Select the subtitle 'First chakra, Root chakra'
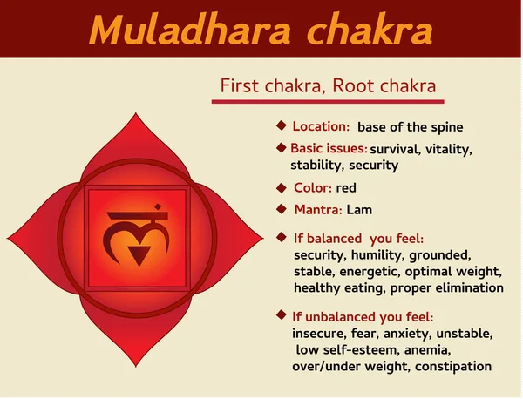coord(328,86)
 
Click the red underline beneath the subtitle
coord(328,103)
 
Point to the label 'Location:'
coord(321,126)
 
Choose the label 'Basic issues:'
coord(328,149)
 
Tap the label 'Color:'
coord(312,187)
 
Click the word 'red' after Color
coord(346,187)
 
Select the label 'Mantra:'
coord(317,209)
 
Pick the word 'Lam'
coord(359,209)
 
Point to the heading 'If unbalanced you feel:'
coord(363,316)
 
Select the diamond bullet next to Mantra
coord(281,208)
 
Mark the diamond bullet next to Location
coord(281,125)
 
